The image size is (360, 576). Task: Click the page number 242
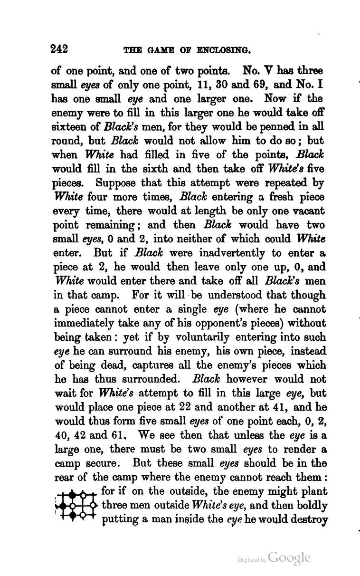point(60,49)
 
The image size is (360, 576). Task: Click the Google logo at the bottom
point(290,557)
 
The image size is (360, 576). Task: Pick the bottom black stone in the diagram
point(73,515)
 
